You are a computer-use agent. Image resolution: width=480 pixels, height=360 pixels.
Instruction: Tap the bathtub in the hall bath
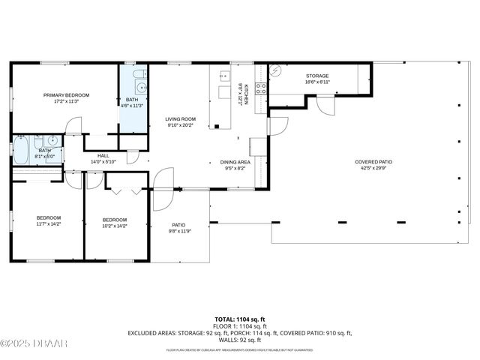pos(22,150)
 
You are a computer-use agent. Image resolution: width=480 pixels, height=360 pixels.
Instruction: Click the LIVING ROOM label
pos(181,118)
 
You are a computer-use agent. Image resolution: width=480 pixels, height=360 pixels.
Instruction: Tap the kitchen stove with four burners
pos(261,88)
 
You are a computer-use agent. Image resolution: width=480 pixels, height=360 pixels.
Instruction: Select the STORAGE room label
pos(317,76)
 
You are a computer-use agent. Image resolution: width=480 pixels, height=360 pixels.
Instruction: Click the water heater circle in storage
pos(275,71)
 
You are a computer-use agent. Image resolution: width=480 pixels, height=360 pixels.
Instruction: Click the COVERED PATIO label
pos(373,161)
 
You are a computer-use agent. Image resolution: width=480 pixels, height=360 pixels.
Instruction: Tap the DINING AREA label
pos(235,161)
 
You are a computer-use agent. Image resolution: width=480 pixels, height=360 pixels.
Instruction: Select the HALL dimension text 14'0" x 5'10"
pos(104,161)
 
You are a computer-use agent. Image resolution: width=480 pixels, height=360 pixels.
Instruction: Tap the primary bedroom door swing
pos(73,127)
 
